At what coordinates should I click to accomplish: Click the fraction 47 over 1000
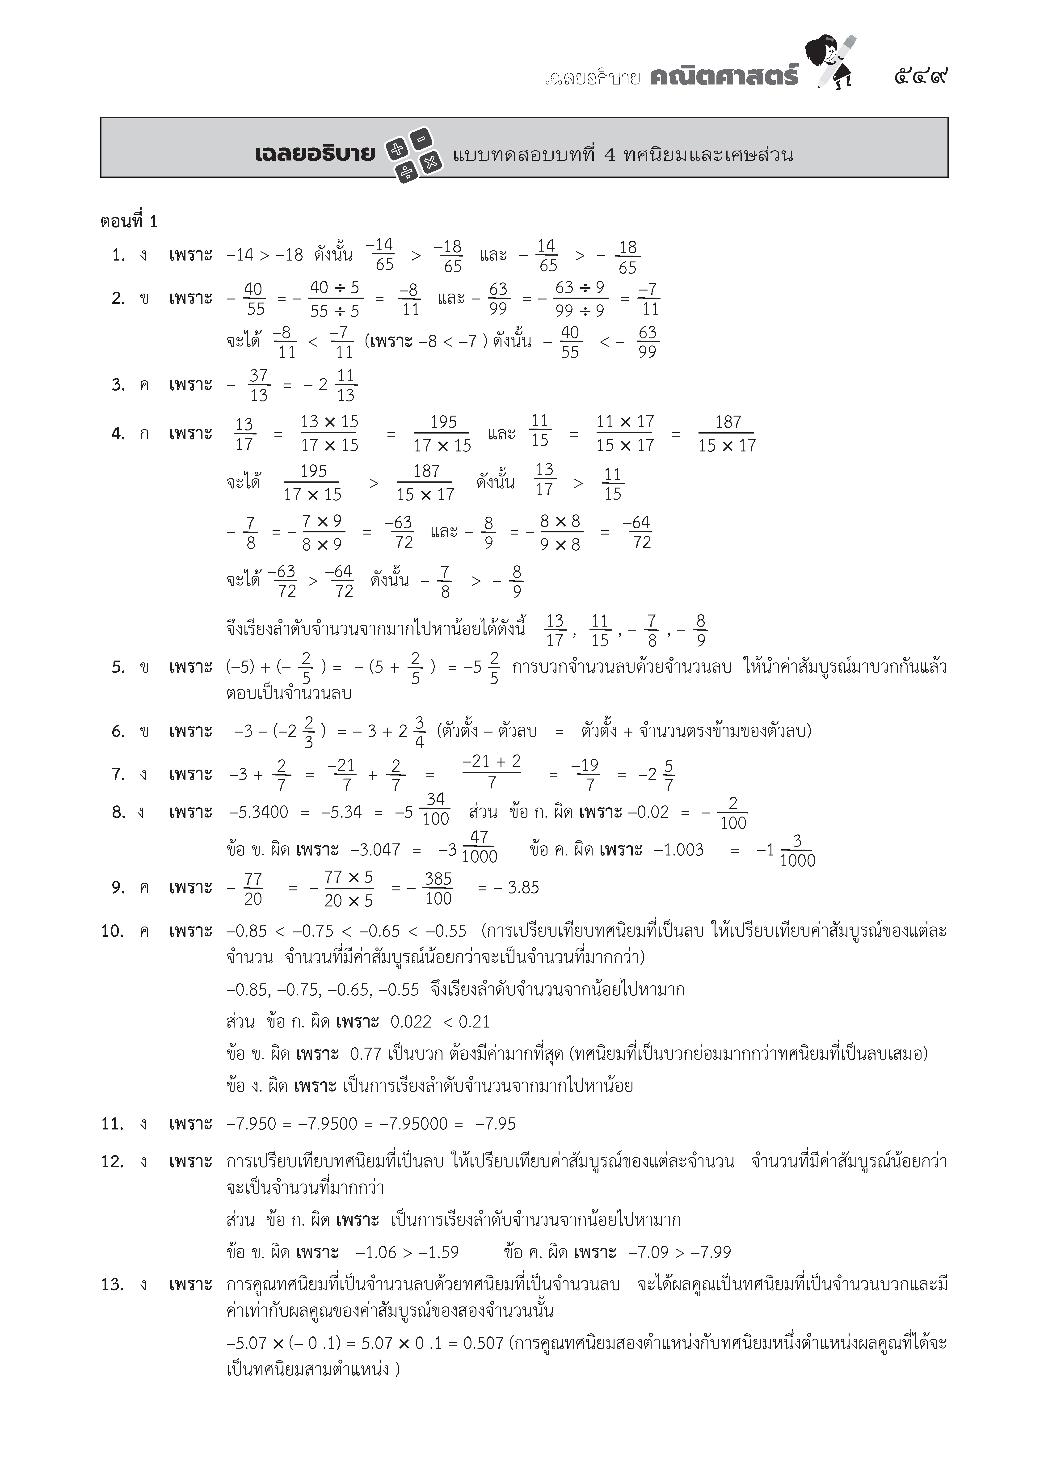coord(479,847)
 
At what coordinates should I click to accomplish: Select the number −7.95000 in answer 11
coord(413,1124)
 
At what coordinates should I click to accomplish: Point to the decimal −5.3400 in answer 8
coord(258,812)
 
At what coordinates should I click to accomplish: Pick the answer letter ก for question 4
coord(143,433)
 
